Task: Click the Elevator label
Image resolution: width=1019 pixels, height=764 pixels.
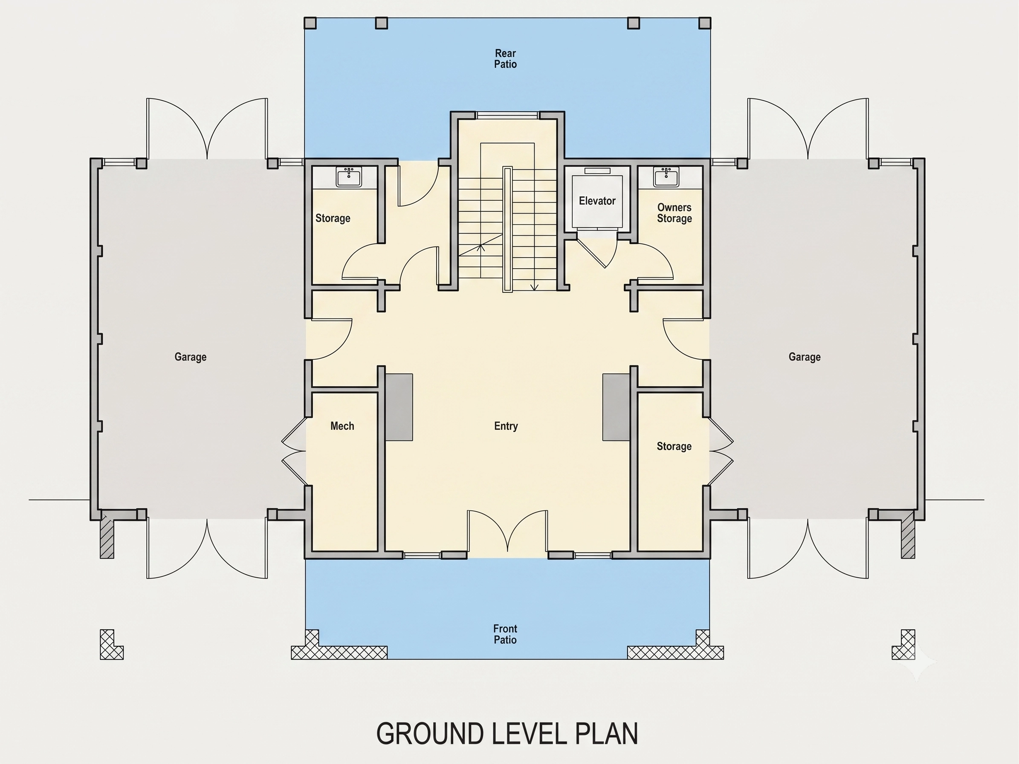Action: (597, 201)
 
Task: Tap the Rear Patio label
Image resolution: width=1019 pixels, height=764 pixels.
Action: (505, 59)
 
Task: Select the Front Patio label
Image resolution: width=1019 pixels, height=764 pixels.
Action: (505, 634)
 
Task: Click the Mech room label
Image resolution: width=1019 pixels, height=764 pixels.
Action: (342, 426)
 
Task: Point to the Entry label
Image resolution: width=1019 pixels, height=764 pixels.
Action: (506, 426)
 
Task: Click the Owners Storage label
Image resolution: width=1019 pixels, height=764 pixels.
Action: (675, 213)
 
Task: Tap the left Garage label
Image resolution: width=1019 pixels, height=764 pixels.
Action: (190, 357)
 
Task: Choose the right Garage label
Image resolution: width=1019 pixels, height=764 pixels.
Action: (805, 357)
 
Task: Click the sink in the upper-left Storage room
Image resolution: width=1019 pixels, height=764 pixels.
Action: (349, 177)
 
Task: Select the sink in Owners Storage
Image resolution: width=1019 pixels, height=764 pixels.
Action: (666, 177)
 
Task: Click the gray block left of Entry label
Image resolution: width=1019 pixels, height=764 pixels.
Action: (399, 407)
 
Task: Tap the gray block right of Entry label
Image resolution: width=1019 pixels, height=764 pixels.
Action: (617, 407)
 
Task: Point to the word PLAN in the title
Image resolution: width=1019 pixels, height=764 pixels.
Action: (606, 734)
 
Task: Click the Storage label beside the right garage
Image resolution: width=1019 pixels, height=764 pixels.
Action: (674, 446)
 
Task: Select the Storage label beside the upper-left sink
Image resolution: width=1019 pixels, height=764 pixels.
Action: (333, 218)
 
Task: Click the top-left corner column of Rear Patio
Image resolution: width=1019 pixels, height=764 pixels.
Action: (310, 23)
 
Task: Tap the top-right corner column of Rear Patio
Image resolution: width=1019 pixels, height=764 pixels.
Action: (705, 23)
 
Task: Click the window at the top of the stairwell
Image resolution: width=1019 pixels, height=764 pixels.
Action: (507, 115)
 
